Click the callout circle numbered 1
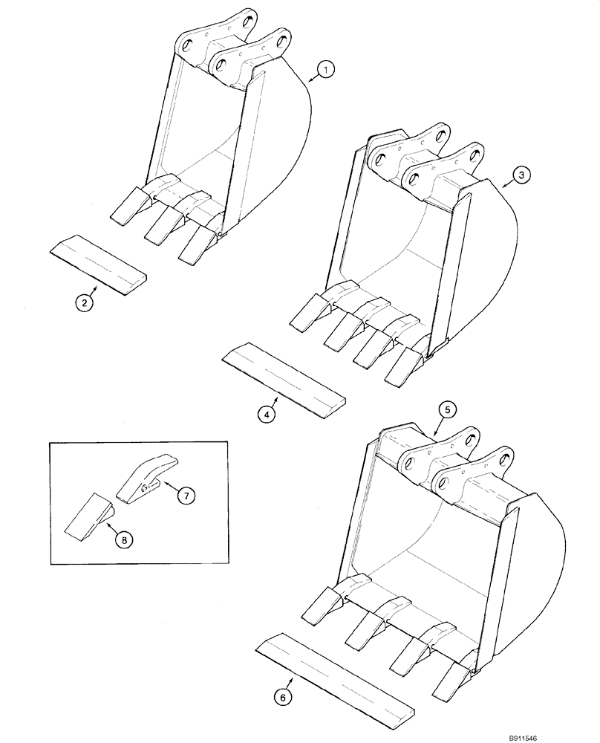[324, 71]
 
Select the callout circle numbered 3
[521, 175]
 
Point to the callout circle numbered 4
[267, 414]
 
